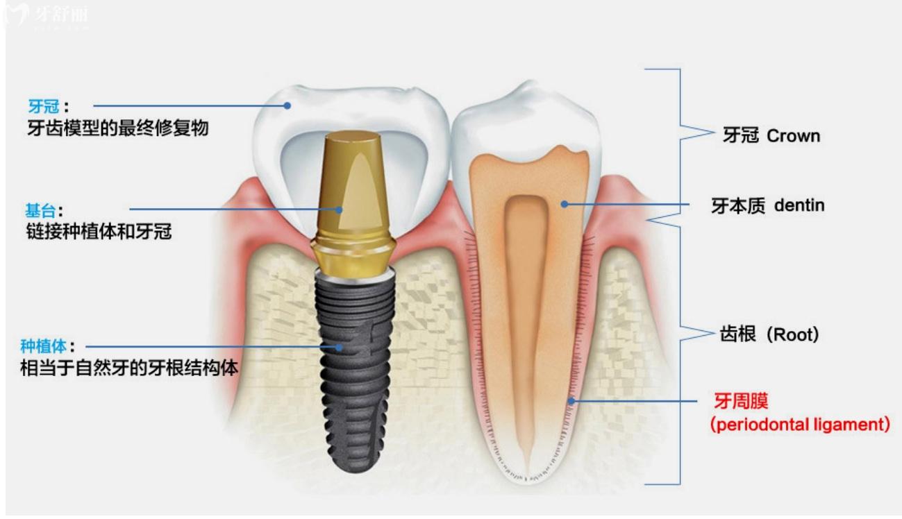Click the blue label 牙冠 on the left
(44, 107)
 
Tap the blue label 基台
(41, 210)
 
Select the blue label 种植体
(44, 346)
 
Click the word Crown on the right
(793, 136)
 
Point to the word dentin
(799, 205)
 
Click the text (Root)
(793, 334)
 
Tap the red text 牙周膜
(741, 401)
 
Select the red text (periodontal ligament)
(800, 425)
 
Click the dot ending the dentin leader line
(565, 205)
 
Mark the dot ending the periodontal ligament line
(571, 401)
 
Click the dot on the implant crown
(287, 105)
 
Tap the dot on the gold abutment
(339, 210)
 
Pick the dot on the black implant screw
(340, 347)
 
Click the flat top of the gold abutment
(353, 137)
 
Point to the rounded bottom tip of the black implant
(354, 470)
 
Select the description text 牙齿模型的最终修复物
(118, 128)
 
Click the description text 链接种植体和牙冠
(99, 232)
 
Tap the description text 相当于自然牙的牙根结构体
(129, 368)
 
